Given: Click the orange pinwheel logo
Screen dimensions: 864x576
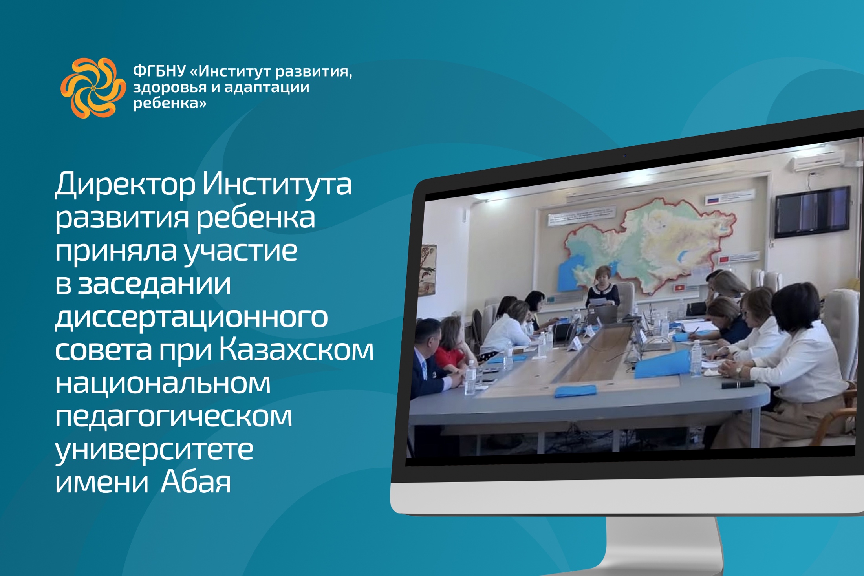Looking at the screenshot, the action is [x=93, y=88].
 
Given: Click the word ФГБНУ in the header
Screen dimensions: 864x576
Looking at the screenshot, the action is [x=159, y=71].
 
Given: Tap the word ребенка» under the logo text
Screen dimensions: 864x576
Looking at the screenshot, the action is [x=170, y=103].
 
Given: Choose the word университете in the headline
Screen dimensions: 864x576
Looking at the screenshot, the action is [x=154, y=450].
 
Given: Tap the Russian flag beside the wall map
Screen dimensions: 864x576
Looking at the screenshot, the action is [x=712, y=201].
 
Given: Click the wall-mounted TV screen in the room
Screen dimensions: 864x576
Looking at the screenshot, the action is [x=813, y=212].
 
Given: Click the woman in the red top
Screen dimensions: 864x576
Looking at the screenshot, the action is [x=454, y=345].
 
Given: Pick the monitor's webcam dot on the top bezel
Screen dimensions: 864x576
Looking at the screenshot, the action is [x=624, y=156].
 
